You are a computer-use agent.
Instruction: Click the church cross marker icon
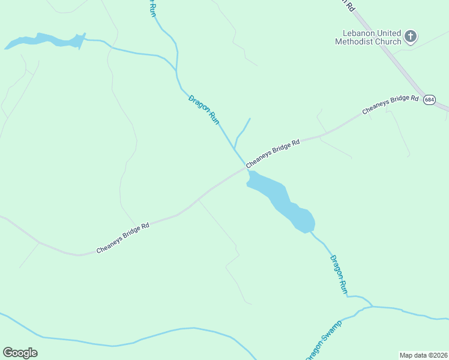point(411,37)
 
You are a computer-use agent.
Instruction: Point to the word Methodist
point(355,41)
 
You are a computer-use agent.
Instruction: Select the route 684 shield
point(429,100)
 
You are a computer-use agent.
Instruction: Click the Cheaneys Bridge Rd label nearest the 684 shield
point(390,105)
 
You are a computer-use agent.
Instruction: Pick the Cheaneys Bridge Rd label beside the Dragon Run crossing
point(273,154)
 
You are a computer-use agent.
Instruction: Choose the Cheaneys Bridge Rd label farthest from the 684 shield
point(123,238)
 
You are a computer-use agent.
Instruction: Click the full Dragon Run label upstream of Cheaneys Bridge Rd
point(204,109)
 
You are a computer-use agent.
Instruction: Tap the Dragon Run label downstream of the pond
point(339,274)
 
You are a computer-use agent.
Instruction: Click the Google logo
point(20,352)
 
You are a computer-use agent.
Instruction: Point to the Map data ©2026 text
point(423,355)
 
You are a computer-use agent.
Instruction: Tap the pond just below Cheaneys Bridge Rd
point(279,198)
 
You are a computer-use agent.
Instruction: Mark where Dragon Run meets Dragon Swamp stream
point(372,307)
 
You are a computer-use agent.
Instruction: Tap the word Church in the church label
point(388,41)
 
